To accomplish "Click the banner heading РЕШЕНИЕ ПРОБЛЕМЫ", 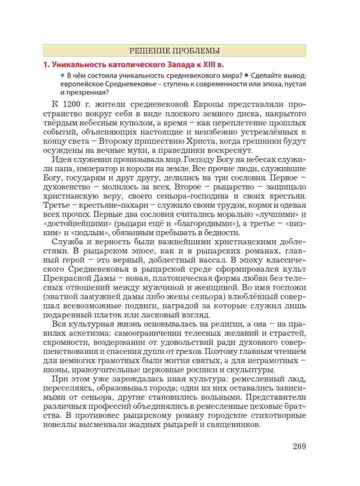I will click(174, 50).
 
